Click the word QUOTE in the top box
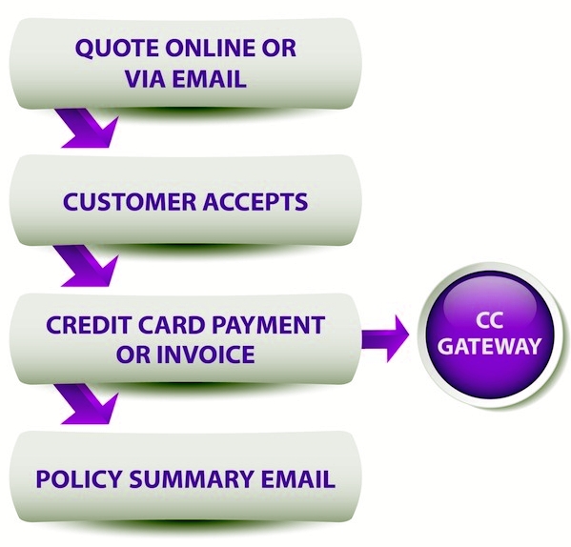pyautogui.click(x=117, y=49)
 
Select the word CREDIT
pyautogui.click(x=87, y=325)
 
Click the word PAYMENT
pyautogui.click(x=269, y=325)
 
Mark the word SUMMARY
pyautogui.click(x=192, y=478)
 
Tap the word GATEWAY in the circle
pyautogui.click(x=489, y=346)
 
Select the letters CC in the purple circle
pyautogui.click(x=490, y=320)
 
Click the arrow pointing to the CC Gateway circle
pyautogui.click(x=385, y=338)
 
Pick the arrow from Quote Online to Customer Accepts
pyautogui.click(x=88, y=128)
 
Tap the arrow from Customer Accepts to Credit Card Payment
pyautogui.click(x=88, y=265)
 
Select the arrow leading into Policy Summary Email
pyautogui.click(x=88, y=403)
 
